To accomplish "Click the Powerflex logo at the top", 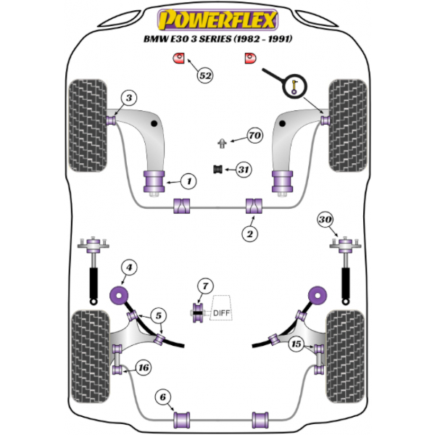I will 217,17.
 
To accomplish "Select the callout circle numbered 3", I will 128,98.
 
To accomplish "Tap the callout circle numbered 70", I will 253,136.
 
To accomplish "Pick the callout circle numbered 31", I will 243,170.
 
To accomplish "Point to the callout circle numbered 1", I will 187,180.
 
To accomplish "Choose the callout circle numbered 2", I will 251,233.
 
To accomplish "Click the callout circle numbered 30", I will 326,220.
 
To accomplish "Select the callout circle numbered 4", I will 128,269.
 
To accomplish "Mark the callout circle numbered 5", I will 158,315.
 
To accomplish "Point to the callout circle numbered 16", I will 144,368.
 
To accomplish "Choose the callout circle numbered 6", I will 164,396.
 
